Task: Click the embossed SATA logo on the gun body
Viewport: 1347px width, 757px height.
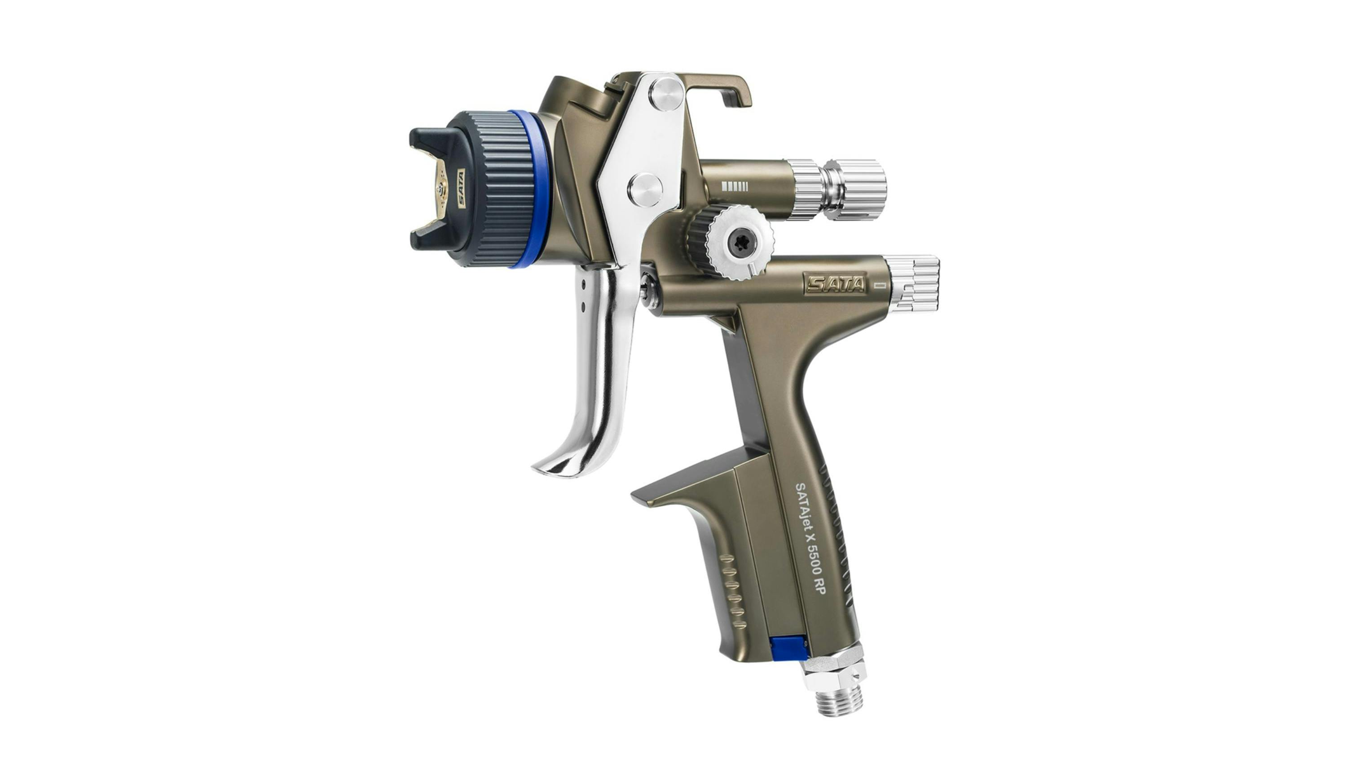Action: [835, 284]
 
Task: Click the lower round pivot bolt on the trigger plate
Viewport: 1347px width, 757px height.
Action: [645, 190]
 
